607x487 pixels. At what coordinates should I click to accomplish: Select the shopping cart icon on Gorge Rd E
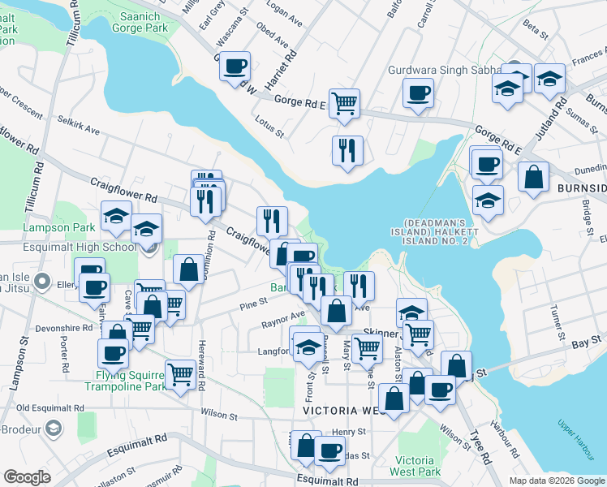point(345,104)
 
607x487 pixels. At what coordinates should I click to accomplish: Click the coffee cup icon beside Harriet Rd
point(235,66)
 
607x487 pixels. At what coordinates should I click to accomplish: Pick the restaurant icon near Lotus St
point(347,151)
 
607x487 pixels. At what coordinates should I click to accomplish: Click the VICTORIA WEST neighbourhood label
point(336,412)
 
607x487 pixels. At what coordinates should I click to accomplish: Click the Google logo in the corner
point(27,477)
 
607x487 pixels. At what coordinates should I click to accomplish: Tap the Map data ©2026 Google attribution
point(556,481)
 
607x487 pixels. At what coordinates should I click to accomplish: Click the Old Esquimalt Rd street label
point(50,407)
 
